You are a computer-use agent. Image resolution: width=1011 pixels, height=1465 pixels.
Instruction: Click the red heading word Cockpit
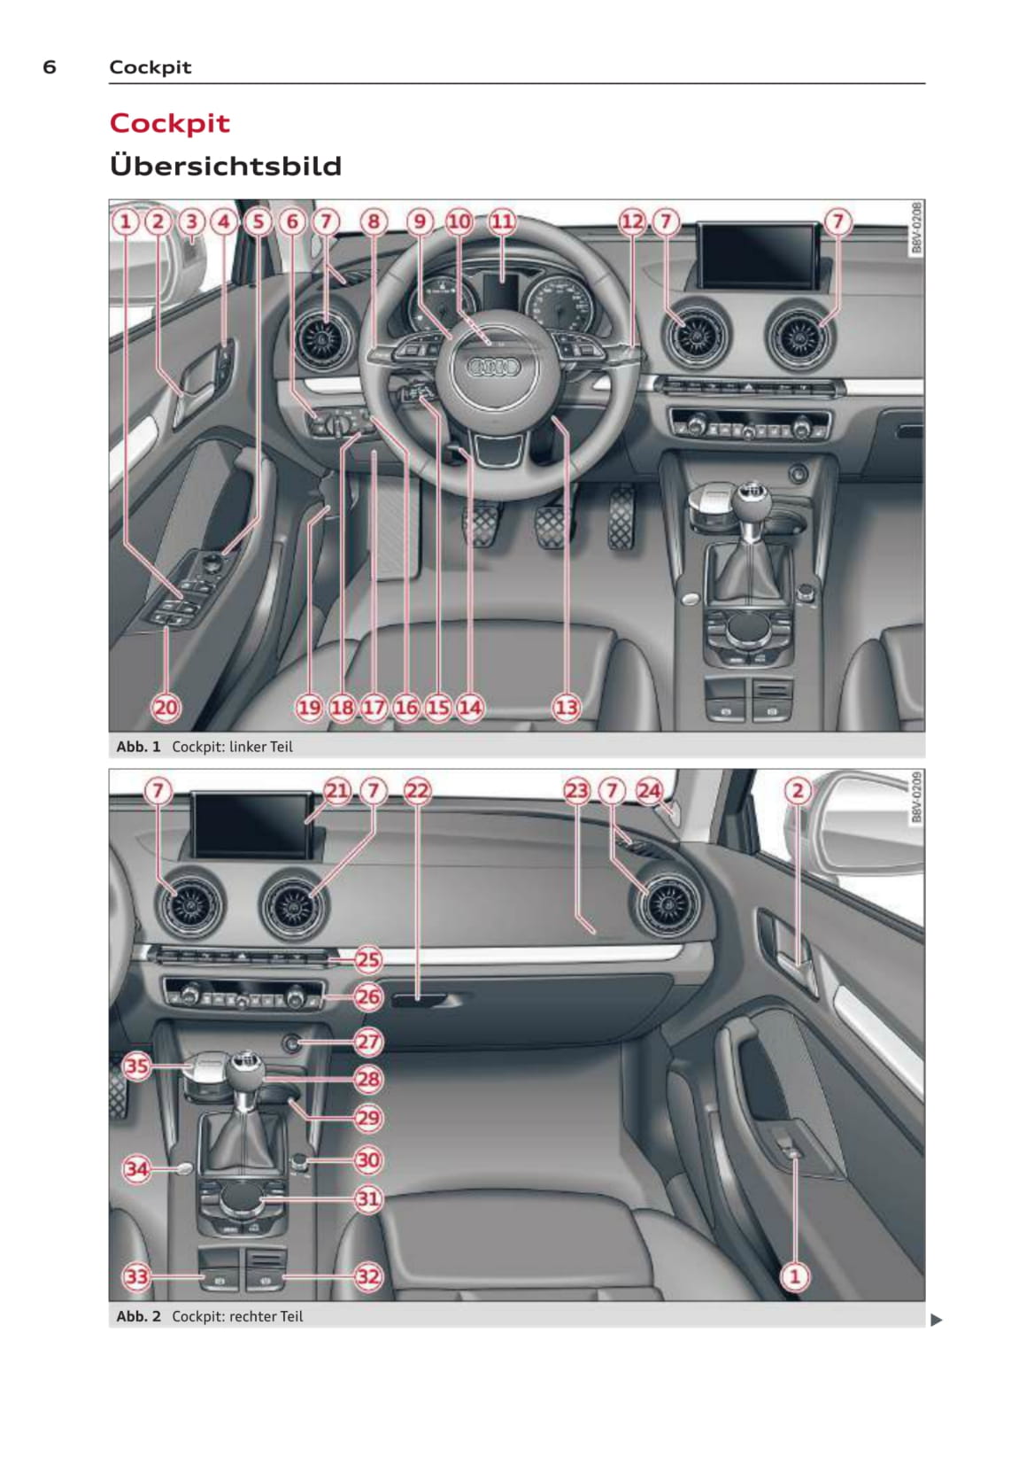[x=169, y=123]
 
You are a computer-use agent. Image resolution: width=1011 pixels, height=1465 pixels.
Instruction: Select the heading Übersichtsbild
[x=226, y=165]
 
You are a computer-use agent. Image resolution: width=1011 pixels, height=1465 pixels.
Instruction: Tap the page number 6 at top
[x=49, y=66]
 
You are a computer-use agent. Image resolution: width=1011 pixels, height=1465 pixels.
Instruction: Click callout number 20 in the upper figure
[x=166, y=707]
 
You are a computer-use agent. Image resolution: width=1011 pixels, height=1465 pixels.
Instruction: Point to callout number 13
[x=566, y=707]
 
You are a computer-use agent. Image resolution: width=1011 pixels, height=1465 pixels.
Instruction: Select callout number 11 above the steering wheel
[x=502, y=221]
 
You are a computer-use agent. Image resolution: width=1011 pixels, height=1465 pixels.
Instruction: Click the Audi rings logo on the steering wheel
[x=494, y=367]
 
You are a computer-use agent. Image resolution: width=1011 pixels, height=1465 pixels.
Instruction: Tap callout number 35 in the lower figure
[x=136, y=1066]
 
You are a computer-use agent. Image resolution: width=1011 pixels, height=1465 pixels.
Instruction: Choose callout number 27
[x=368, y=1042]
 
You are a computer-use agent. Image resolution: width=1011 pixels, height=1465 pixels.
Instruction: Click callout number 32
[x=368, y=1276]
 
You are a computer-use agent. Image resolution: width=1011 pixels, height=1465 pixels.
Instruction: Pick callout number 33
[x=136, y=1276]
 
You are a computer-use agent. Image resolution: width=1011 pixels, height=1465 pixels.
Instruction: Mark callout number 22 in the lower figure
[x=418, y=791]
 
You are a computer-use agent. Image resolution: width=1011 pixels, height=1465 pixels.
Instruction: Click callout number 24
[x=649, y=791]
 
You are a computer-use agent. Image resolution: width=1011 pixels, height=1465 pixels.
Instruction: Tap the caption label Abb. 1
[x=138, y=747]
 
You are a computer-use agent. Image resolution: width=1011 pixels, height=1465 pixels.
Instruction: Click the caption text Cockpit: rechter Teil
[x=237, y=1316]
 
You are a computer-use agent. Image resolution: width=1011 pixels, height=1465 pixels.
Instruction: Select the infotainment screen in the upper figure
[x=758, y=255]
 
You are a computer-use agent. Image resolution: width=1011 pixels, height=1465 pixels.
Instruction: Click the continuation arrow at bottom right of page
[x=936, y=1320]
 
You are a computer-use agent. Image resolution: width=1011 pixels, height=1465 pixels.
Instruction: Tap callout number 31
[x=368, y=1198]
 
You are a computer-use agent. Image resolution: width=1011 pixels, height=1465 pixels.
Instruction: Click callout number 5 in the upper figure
[x=259, y=221]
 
